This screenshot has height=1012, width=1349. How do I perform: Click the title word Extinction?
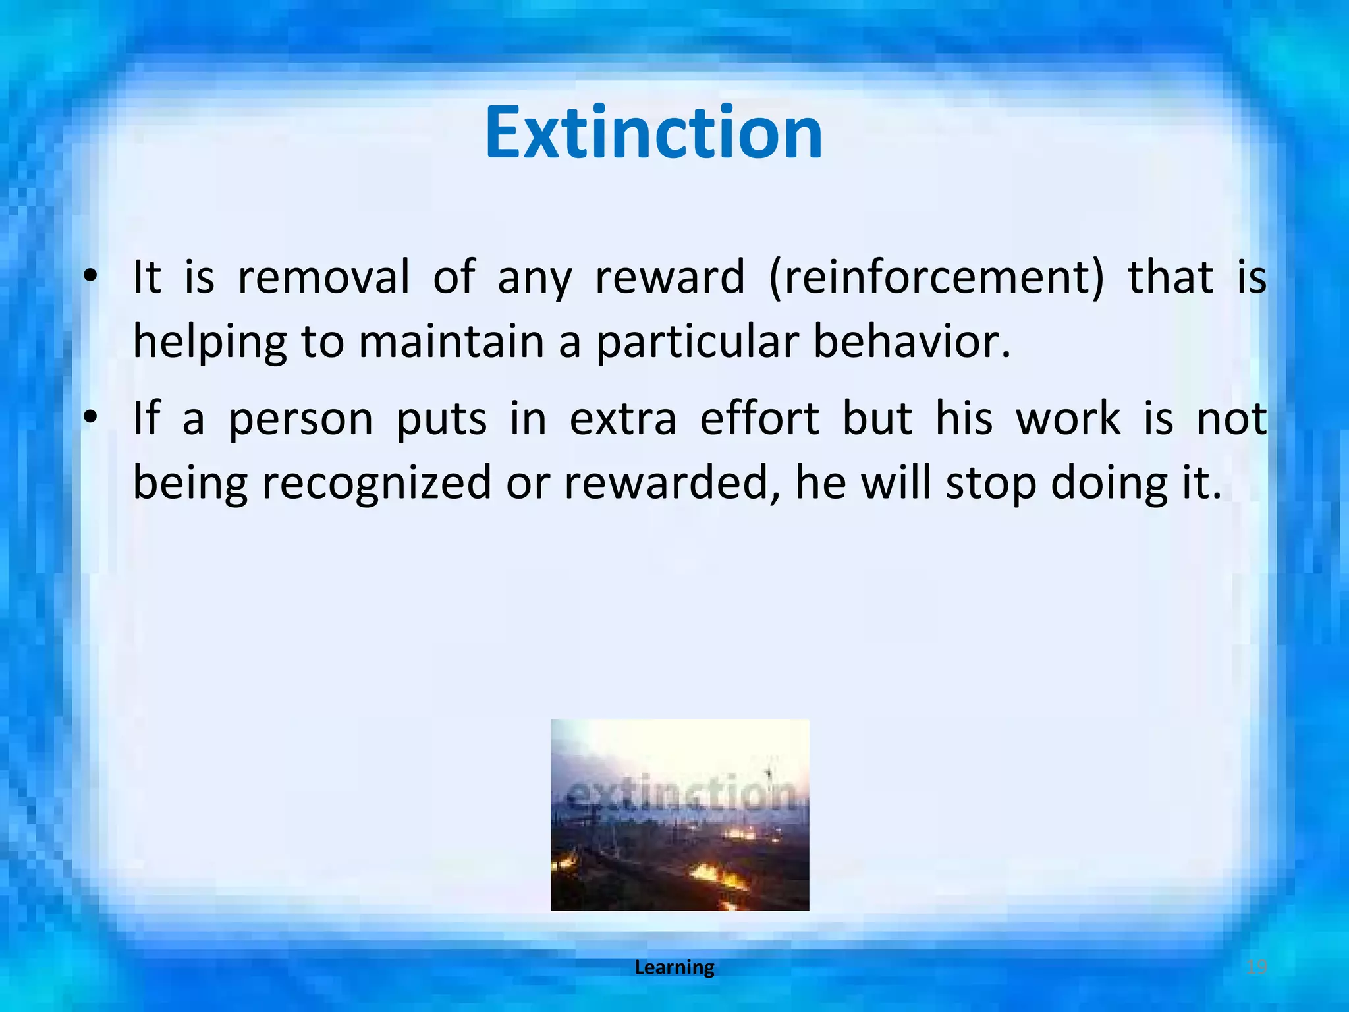[653, 134]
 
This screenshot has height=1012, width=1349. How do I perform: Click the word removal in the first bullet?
[323, 277]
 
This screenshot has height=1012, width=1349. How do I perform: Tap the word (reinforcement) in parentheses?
[936, 277]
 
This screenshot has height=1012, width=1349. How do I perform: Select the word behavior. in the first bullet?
[912, 342]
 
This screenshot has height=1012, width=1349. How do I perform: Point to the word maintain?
[451, 342]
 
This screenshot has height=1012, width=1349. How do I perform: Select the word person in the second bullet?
[300, 419]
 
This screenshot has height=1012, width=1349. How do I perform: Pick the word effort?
[759, 419]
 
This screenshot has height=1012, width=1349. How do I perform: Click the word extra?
[622, 419]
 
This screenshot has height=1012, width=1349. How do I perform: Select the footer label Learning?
[674, 968]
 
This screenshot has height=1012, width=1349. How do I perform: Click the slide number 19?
[1257, 968]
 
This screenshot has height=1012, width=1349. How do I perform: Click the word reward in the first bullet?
[670, 277]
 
